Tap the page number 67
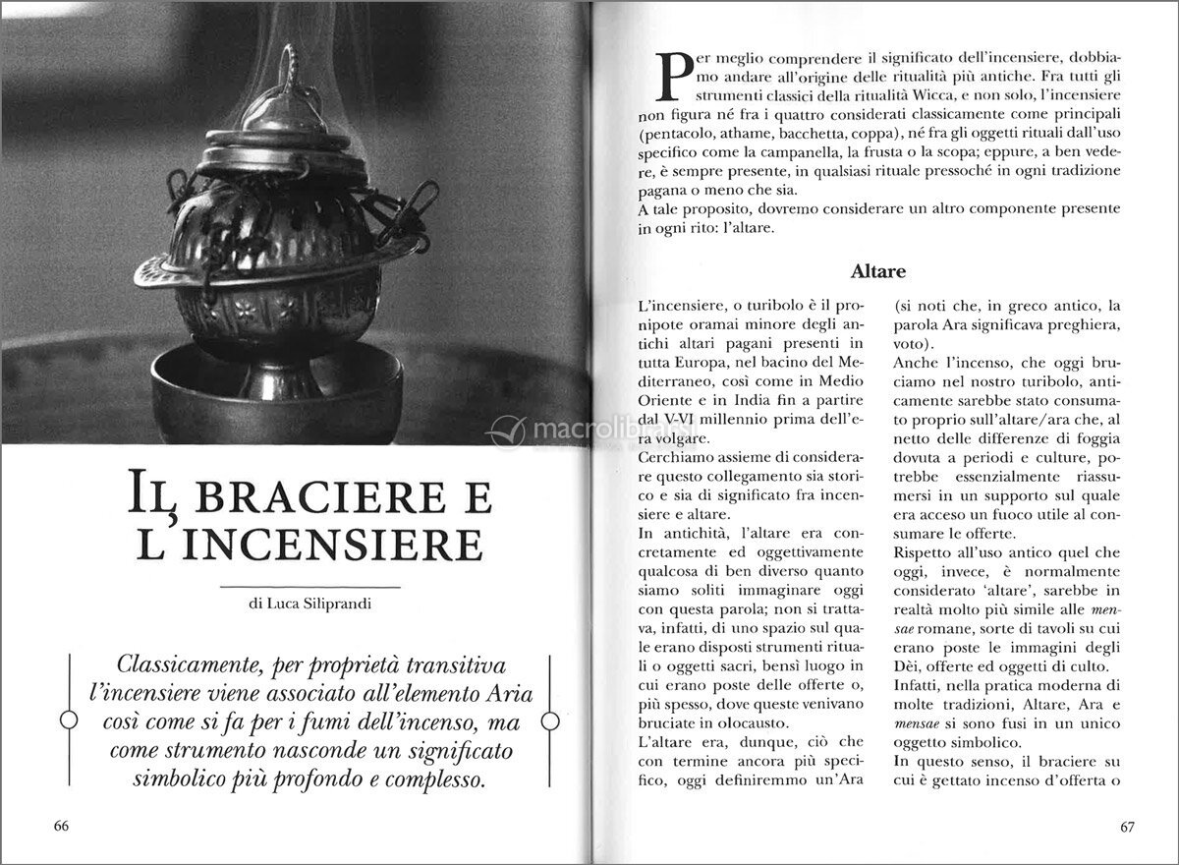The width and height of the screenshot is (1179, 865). tap(1127, 826)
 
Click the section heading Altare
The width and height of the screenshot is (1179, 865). tap(879, 269)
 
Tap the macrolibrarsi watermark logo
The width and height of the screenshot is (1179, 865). tap(589, 430)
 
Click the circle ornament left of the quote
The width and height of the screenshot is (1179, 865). tap(68, 721)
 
